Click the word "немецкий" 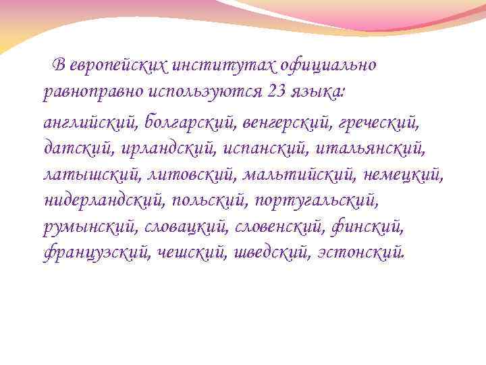(x=404, y=174)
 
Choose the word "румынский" (x=90, y=227)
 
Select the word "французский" (x=96, y=253)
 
